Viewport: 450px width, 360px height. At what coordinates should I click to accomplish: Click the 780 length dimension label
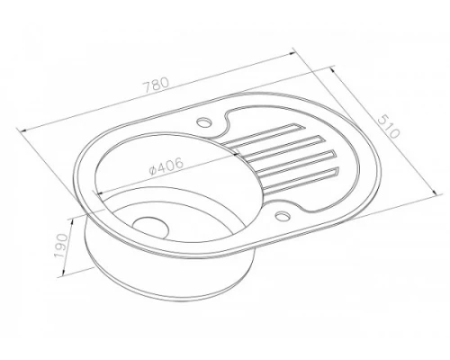pos(156,85)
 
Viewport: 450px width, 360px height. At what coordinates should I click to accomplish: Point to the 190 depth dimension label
pos(61,245)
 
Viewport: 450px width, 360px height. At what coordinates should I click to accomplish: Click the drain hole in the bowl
pos(150,228)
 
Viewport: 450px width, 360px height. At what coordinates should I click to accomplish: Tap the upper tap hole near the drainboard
pos(204,122)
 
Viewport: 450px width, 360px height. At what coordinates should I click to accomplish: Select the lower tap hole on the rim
pos(283,215)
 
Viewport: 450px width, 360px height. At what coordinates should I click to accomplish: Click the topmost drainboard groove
pos(263,134)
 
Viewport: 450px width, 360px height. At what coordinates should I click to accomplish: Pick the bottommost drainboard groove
pos(301,180)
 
